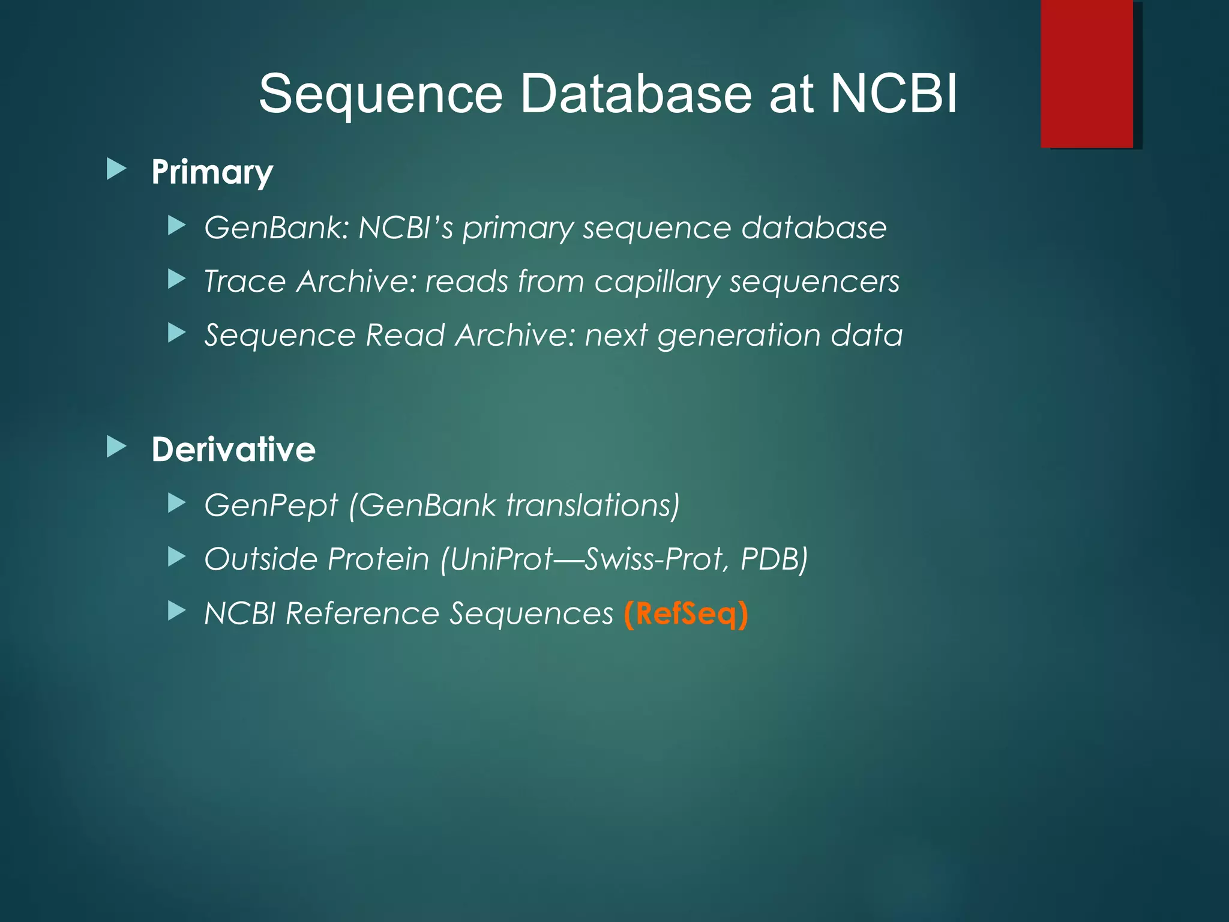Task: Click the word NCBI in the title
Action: (x=894, y=94)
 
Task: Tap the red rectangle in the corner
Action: (x=1087, y=73)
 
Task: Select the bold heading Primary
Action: (x=212, y=172)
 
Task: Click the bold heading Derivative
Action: (x=233, y=450)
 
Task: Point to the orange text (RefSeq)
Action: (x=686, y=613)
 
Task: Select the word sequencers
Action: (x=814, y=282)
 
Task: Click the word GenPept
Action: (x=271, y=505)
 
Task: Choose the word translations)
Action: (x=593, y=505)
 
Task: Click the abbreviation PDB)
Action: (x=774, y=559)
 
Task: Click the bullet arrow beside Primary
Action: (x=116, y=169)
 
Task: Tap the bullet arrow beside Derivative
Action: (x=116, y=447)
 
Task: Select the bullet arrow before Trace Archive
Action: (x=176, y=279)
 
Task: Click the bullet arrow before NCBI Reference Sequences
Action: (x=176, y=611)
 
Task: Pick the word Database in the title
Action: (x=636, y=94)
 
